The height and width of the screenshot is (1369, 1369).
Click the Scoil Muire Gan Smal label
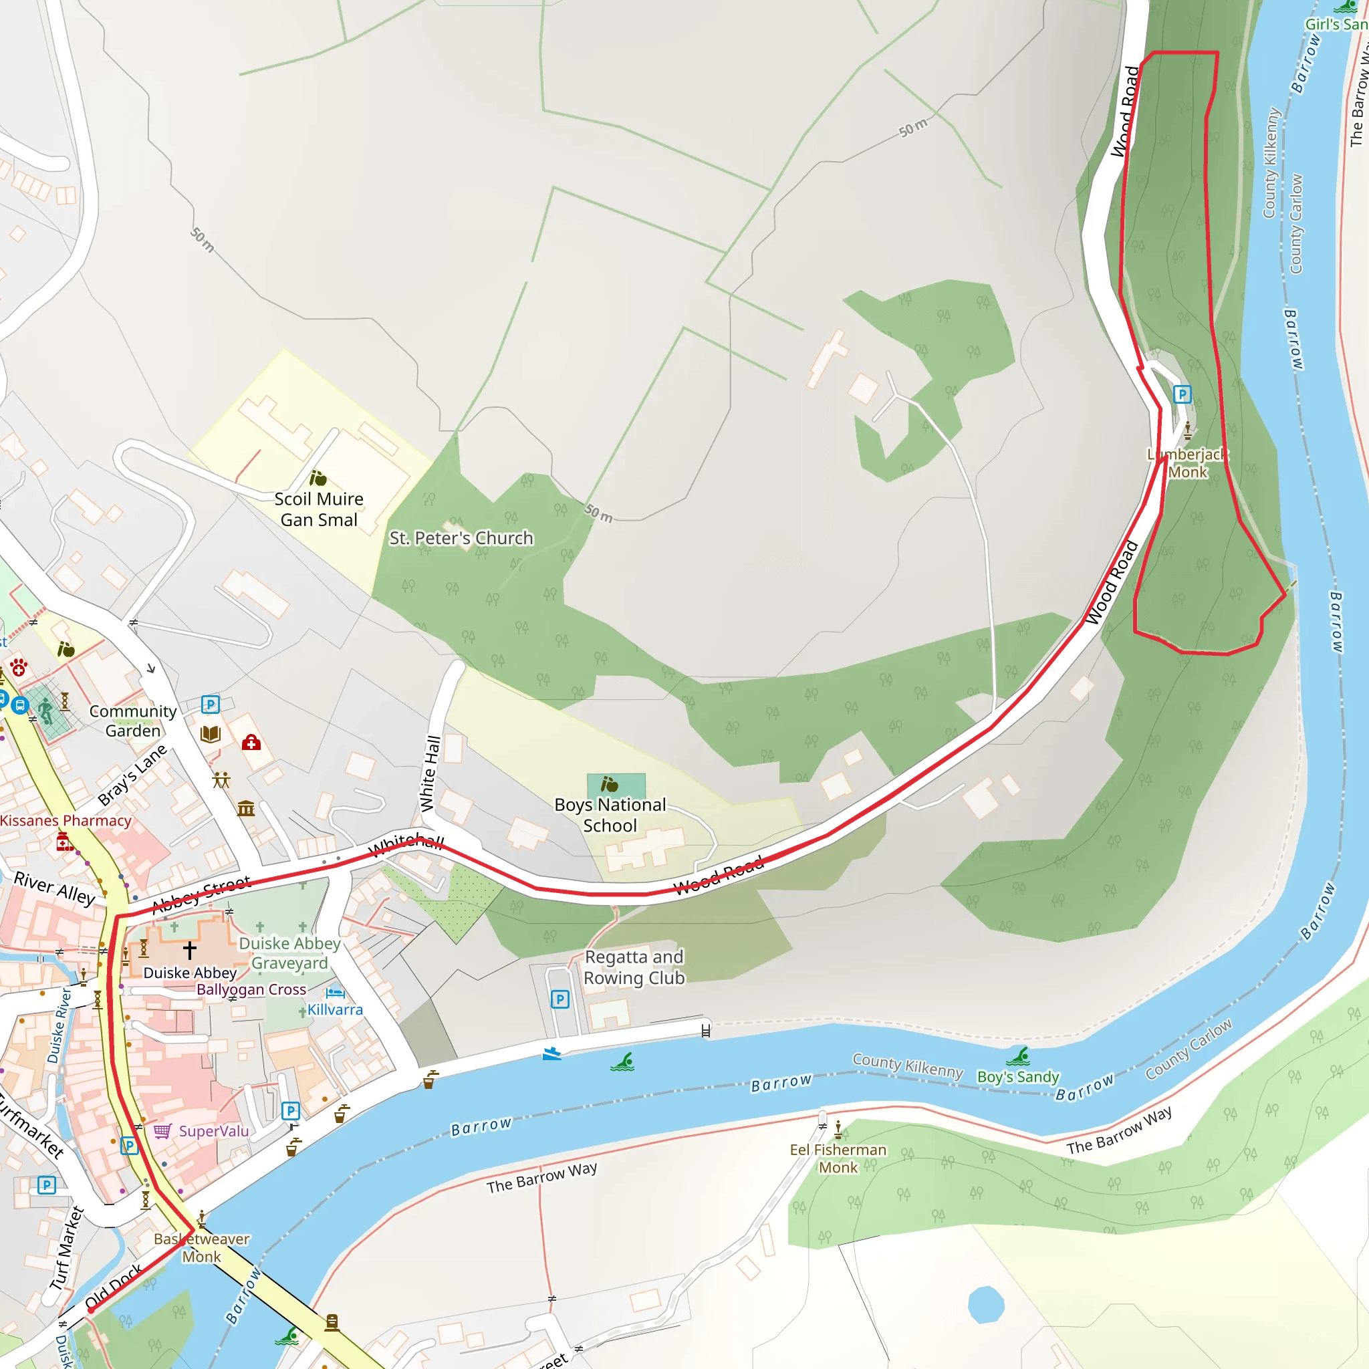point(319,509)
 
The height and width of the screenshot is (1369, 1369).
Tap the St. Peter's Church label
point(461,539)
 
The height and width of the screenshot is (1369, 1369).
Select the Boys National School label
point(610,815)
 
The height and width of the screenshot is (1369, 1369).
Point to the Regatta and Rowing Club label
point(634,967)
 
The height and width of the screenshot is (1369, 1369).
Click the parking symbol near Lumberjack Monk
point(1182,394)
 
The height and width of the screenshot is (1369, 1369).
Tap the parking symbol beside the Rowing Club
point(559,999)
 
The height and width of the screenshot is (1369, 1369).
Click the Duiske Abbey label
point(190,973)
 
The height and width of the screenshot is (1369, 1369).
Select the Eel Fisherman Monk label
point(838,1158)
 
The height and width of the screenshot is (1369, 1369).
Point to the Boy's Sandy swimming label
point(1017,1077)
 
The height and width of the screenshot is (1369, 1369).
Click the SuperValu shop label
point(213,1131)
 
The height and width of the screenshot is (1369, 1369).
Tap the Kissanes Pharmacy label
point(66,821)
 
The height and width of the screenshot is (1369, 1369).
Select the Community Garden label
point(133,721)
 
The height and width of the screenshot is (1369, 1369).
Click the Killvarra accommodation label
point(334,1010)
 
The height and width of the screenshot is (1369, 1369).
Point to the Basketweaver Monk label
point(202,1248)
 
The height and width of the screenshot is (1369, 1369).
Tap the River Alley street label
point(55,888)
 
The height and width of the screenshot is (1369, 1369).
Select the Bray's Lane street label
point(132,775)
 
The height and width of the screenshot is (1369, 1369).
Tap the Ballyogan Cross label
point(251,990)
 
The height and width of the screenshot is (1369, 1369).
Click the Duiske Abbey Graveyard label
point(290,953)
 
